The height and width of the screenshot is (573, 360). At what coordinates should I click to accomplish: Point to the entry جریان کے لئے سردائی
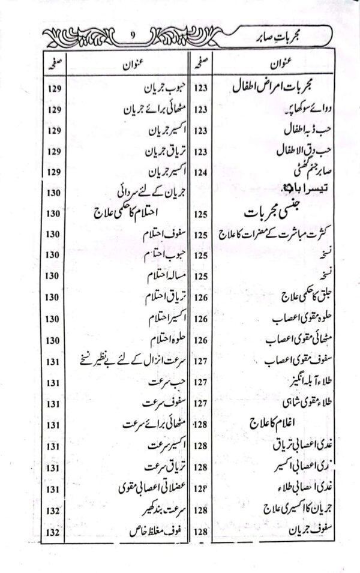click(147, 193)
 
